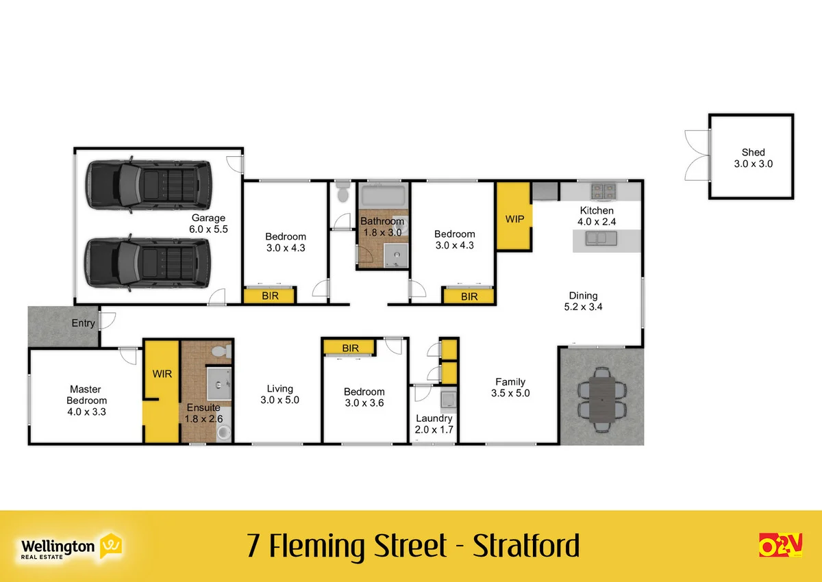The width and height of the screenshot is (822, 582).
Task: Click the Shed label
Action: pyautogui.click(x=752, y=158)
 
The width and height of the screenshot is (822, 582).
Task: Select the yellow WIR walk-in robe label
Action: pyautogui.click(x=162, y=374)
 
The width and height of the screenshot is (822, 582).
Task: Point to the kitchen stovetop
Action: pyautogui.click(x=603, y=188)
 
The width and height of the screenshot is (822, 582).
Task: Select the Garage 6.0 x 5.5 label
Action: pyautogui.click(x=208, y=225)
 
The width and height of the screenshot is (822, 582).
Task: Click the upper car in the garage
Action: pyautogui.click(x=149, y=181)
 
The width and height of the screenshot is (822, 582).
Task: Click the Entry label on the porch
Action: pyautogui.click(x=84, y=323)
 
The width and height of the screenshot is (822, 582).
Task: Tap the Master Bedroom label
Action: pyautogui.click(x=86, y=400)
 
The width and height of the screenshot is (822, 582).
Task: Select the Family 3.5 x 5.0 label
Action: pyautogui.click(x=510, y=388)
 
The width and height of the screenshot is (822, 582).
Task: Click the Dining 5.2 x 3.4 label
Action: pyautogui.click(x=582, y=301)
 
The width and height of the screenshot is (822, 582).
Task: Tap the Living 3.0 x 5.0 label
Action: pyautogui.click(x=279, y=394)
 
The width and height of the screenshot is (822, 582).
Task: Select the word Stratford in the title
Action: pyautogui.click(x=526, y=546)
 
